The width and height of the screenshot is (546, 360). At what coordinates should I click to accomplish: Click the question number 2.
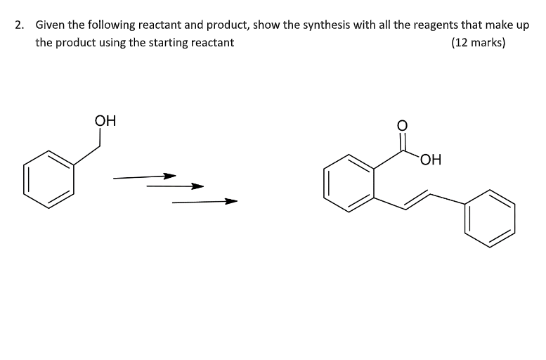coord(19,25)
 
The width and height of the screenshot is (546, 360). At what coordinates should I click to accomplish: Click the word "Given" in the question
coord(50,25)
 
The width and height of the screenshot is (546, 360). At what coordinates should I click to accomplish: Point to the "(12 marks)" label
coord(478,43)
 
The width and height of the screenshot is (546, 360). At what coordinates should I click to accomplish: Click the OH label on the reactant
coord(105,120)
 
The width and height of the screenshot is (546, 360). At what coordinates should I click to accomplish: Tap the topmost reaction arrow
coord(144,176)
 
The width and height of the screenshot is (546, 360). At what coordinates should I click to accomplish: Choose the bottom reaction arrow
coord(204,202)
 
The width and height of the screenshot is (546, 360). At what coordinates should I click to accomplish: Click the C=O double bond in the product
coord(403,143)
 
